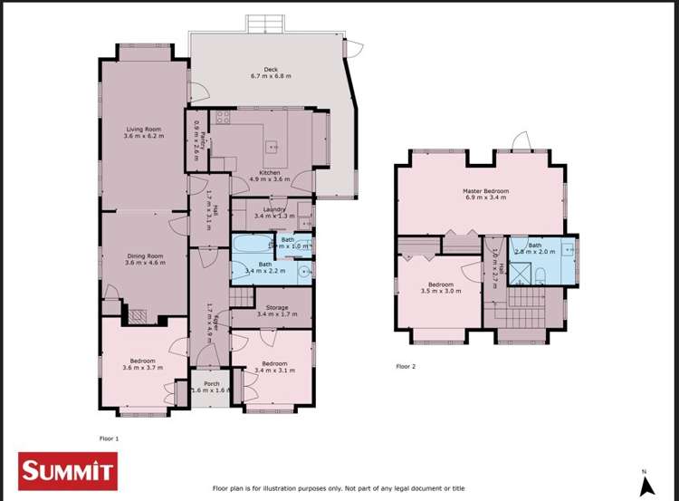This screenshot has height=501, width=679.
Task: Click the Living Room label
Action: (144, 130)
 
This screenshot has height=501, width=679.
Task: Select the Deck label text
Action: (270, 69)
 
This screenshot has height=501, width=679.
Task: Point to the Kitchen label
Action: (269, 172)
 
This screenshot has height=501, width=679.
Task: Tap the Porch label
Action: (212, 384)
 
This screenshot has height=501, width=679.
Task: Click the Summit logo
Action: (69, 469)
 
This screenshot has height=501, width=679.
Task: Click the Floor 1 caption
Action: (109, 438)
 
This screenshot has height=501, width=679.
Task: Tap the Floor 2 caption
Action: (406, 367)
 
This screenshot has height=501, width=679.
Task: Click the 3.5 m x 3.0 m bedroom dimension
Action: (441, 292)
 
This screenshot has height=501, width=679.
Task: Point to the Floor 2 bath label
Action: (535, 244)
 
